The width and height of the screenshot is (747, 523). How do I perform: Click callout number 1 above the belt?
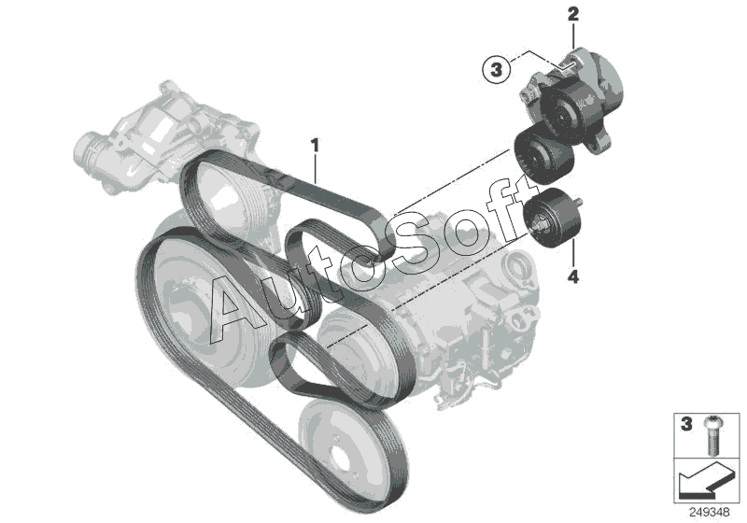pos(315,146)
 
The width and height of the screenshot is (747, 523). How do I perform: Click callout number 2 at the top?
pos(573,14)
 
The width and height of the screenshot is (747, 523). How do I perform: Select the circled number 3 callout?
pos(496,70)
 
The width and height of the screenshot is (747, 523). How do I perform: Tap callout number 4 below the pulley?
pos(573,276)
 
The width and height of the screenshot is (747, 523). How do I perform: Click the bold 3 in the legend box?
pos(686,424)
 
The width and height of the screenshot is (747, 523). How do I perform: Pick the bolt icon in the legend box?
pos(712,434)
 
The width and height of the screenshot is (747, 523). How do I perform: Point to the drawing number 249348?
pos(710,513)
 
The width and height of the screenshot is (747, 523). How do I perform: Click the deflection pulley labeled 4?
pos(553,218)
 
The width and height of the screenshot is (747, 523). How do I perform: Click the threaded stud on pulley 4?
pos(578,202)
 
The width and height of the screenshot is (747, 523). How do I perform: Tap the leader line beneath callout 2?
pos(573,35)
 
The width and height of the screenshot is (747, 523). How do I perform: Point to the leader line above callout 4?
pos(573,253)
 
